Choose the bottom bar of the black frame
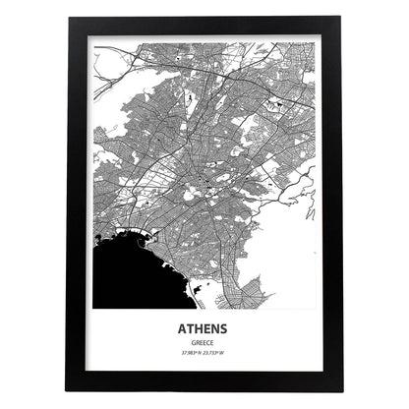pyautogui.click(x=204, y=379)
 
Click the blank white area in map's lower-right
pyautogui.click(x=295, y=246)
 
